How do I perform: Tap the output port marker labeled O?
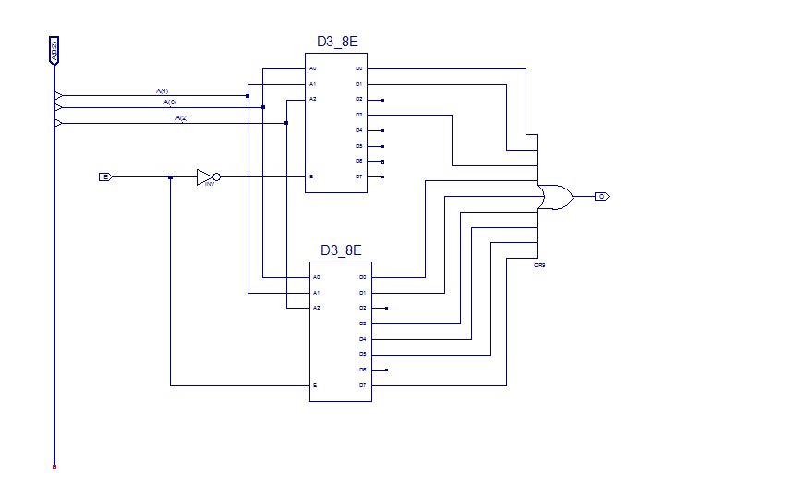(x=601, y=196)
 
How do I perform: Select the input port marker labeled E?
(x=105, y=176)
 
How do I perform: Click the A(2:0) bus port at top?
(x=54, y=51)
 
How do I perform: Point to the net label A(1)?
(x=162, y=91)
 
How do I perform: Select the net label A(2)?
(x=181, y=118)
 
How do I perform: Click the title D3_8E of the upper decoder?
(x=336, y=43)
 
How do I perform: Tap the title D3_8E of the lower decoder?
(x=341, y=250)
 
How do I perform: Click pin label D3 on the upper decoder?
(x=359, y=115)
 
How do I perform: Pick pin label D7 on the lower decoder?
(x=363, y=385)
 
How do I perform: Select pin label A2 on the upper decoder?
(x=313, y=99)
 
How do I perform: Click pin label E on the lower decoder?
(x=316, y=385)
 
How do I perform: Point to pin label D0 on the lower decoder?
(x=363, y=277)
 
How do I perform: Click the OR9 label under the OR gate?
(x=540, y=265)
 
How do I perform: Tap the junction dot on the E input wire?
(x=170, y=176)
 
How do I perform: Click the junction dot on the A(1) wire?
(x=248, y=95)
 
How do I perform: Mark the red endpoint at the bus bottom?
(x=54, y=467)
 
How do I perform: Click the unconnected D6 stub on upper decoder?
(x=382, y=161)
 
